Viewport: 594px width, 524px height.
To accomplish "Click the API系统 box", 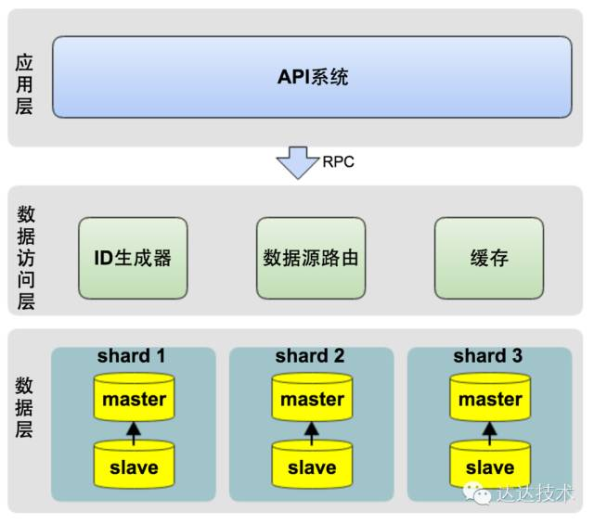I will (x=312, y=77).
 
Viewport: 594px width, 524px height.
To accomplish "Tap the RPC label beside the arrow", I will (x=338, y=161).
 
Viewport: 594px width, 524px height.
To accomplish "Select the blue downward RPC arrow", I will (x=297, y=162).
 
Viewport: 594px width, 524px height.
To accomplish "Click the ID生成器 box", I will (x=133, y=258).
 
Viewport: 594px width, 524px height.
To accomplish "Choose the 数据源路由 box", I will (x=311, y=258).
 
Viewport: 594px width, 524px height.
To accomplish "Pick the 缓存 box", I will (x=489, y=258).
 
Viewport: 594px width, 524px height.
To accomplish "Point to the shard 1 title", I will (x=132, y=356).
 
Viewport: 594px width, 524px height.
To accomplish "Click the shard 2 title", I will (x=310, y=356).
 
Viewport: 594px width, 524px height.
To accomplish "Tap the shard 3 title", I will (x=488, y=356).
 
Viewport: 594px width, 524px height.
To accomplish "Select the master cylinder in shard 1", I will (x=135, y=399).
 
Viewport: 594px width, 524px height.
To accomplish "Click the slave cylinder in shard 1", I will (x=135, y=466).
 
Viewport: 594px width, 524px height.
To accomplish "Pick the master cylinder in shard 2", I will (x=313, y=399).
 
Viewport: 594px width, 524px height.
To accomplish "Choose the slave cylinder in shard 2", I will (x=313, y=466).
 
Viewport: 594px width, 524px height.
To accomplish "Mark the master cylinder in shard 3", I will (x=491, y=399).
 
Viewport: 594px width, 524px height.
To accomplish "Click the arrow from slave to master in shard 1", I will (x=135, y=431).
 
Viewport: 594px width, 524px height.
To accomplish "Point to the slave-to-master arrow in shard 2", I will (x=313, y=431).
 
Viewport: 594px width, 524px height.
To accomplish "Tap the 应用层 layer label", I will (x=25, y=84).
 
